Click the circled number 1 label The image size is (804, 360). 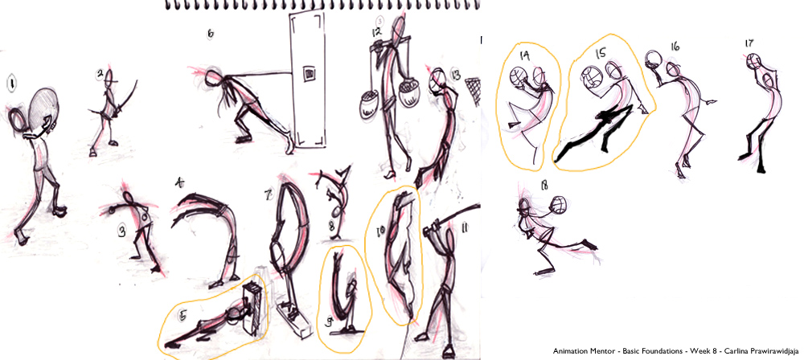[x=10, y=82]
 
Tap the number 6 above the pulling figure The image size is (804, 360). [x=211, y=34]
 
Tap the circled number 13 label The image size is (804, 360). [x=455, y=75]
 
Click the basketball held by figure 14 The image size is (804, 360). [x=519, y=78]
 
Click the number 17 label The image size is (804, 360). [x=749, y=43]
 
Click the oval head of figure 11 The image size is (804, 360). [x=433, y=227]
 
